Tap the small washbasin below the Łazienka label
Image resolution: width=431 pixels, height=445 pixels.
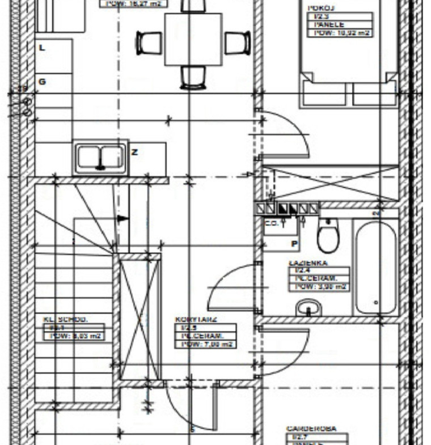pyautogui.click(x=309, y=308)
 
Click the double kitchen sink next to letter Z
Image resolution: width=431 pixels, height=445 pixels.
pyautogui.click(x=101, y=158)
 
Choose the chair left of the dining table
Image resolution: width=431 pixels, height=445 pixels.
pyautogui.click(x=149, y=43)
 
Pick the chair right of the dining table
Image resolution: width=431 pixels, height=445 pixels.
pyautogui.click(x=238, y=43)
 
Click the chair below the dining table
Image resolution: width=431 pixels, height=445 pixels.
pyautogui.click(x=193, y=77)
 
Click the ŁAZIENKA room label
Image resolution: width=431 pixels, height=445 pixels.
pyautogui.click(x=308, y=263)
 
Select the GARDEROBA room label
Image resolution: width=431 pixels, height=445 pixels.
pyautogui.click(x=311, y=429)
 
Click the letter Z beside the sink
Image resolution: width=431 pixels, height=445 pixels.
pyautogui.click(x=134, y=152)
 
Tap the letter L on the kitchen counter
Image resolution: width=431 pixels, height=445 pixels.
pyautogui.click(x=42, y=48)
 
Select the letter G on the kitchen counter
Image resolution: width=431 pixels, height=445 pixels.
pyautogui.click(x=42, y=82)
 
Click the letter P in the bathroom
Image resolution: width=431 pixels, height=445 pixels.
pyautogui.click(x=294, y=244)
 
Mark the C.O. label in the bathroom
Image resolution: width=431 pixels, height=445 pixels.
pyautogui.click(x=272, y=223)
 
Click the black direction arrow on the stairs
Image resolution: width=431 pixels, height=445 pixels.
pyautogui.click(x=122, y=218)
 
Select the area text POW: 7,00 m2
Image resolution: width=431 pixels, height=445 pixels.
pyautogui.click(x=205, y=344)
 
